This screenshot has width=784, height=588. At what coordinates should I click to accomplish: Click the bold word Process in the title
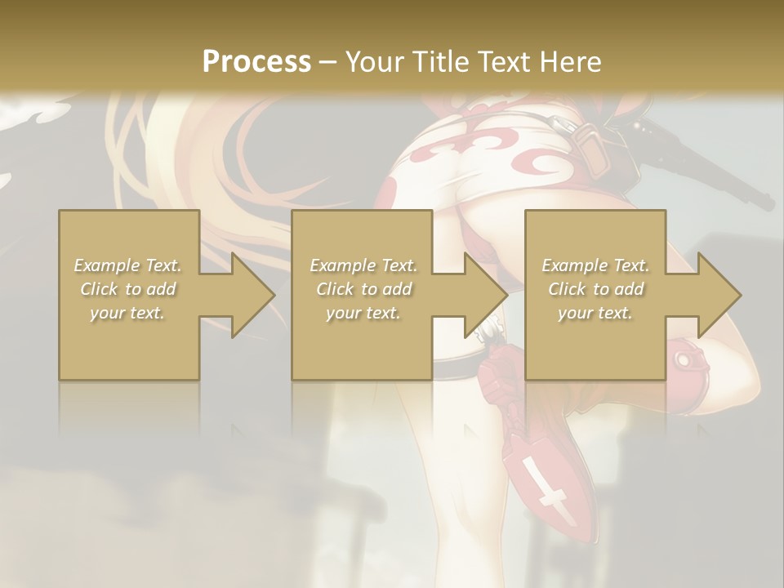coord(256,62)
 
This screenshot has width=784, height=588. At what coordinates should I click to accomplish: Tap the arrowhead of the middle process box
coord(485,295)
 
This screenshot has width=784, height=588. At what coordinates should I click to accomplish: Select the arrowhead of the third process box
coord(719,295)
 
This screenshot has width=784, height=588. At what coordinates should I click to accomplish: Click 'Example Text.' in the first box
coord(128,265)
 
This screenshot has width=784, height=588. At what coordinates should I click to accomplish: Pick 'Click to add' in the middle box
coord(363,289)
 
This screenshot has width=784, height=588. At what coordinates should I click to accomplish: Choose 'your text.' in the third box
coord(595,313)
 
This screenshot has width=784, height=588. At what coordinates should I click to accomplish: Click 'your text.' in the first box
coord(128,313)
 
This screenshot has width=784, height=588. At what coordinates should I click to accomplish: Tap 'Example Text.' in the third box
coord(595,265)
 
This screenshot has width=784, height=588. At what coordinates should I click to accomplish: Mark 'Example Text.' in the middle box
coord(363,265)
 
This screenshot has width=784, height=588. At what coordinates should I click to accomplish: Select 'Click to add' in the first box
coord(128,289)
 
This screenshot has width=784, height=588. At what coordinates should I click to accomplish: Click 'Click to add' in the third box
coord(595,289)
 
